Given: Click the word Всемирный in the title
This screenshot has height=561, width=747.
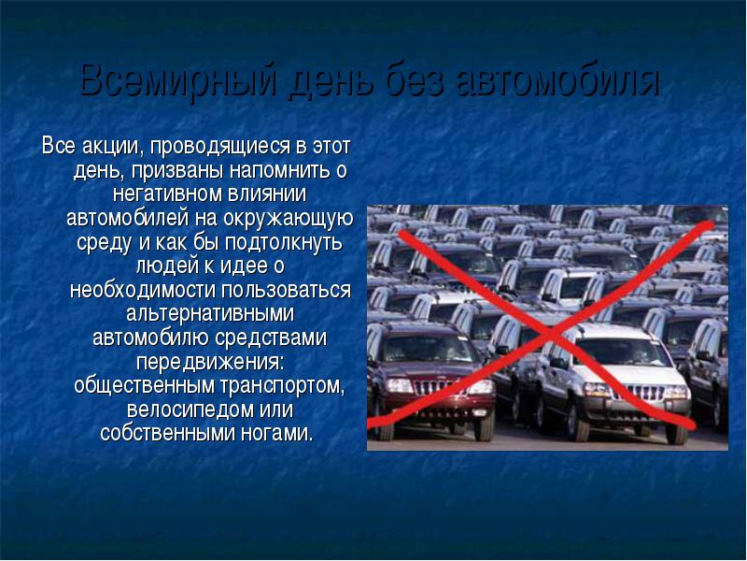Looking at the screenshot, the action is [x=178, y=80].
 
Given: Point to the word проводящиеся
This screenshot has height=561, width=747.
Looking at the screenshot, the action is [x=220, y=147].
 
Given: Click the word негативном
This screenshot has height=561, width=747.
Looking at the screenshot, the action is [x=168, y=194].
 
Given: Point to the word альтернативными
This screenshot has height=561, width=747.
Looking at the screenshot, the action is [x=210, y=314].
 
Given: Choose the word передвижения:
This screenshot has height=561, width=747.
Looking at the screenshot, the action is [x=210, y=362].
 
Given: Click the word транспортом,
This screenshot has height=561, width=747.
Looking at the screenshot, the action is [x=283, y=386].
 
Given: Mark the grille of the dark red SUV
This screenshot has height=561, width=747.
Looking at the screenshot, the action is [x=433, y=387].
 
